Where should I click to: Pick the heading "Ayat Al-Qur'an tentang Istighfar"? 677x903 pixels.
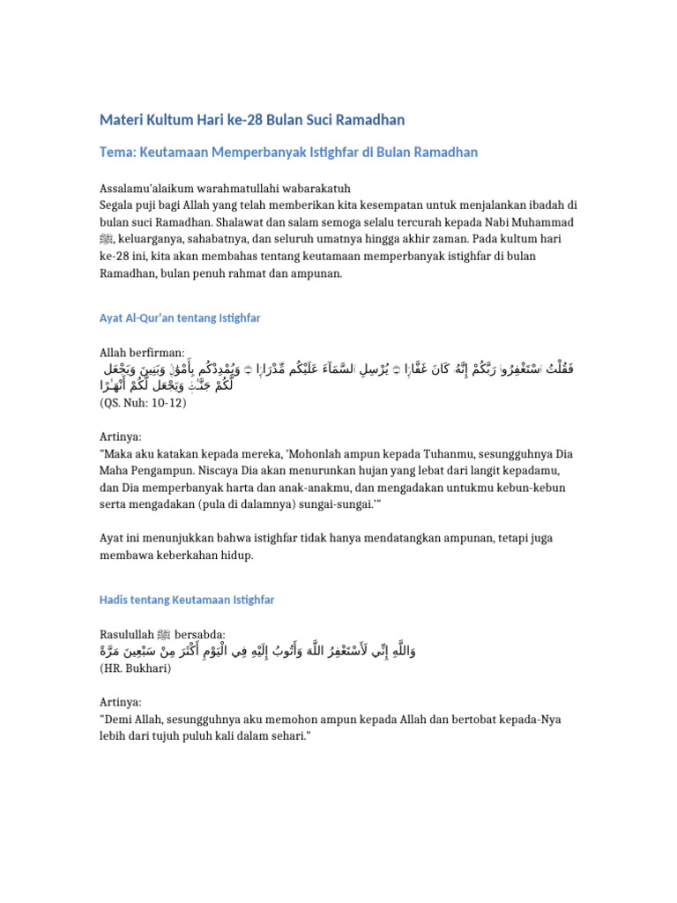[180, 317]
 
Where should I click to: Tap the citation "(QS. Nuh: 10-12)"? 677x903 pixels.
[144, 401]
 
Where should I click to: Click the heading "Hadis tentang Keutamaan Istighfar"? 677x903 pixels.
[187, 600]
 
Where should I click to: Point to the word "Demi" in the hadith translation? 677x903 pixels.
[118, 720]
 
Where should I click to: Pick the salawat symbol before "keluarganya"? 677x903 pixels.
[107, 239]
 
